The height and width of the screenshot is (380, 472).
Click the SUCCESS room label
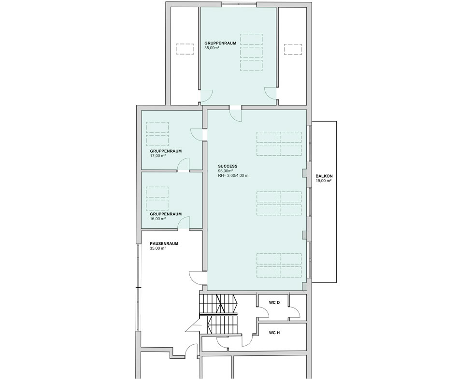(228, 166)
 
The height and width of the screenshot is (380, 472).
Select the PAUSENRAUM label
(164, 244)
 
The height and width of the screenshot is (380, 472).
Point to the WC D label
(274, 302)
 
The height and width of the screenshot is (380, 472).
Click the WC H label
(274, 333)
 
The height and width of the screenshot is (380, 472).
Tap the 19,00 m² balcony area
(324, 181)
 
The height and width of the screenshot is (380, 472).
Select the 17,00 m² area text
(158, 155)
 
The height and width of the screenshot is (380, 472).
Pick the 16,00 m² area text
(158, 219)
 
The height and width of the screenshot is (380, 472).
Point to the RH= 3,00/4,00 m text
(233, 175)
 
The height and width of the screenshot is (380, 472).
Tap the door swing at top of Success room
(235, 114)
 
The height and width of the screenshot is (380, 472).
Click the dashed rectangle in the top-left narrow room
(185, 49)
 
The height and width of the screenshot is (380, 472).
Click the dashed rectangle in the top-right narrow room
(293, 49)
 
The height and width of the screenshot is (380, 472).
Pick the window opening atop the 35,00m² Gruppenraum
(240, 4)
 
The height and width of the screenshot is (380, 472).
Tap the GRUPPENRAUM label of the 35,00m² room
(220, 43)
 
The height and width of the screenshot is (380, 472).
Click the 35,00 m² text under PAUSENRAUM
(158, 248)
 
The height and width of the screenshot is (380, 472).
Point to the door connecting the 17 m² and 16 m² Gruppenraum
(184, 166)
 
